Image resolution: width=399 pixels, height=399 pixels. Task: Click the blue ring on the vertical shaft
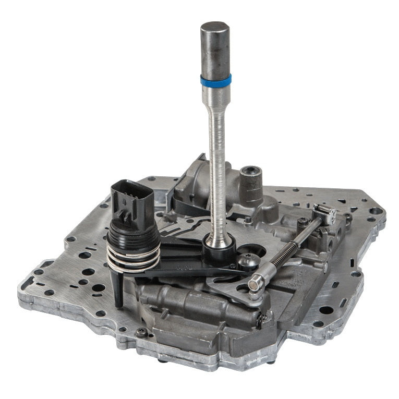click(x=215, y=80)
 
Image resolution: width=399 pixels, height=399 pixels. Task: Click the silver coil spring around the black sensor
click(x=134, y=256)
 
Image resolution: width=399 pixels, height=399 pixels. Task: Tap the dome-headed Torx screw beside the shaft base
click(x=248, y=261)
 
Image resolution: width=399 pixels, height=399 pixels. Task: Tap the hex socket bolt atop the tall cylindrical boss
click(x=251, y=173)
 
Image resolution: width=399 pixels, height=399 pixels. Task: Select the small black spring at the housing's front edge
click(x=259, y=320)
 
